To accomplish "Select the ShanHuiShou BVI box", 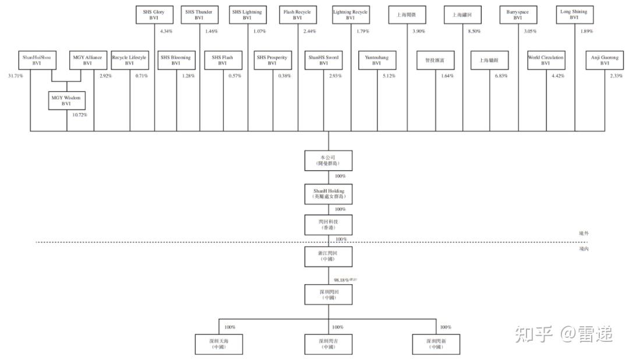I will coord(36,60).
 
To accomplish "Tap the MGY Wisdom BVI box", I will coord(67,101).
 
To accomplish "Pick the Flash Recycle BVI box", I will coord(297,15).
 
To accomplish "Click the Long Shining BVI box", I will coord(574,15).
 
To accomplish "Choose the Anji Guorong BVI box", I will coord(605,60).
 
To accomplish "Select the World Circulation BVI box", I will coord(545,60).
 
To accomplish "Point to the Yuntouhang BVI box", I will coord(376,60).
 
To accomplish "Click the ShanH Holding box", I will coord(328,194).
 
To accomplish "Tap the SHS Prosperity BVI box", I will coord(271,60).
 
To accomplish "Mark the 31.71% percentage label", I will coord(15,76).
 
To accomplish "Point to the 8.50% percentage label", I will coord(475,31).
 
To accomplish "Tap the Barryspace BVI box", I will coord(518,15).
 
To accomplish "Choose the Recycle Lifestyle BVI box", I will coord(129,60).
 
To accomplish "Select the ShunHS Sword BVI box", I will coord(324,60).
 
